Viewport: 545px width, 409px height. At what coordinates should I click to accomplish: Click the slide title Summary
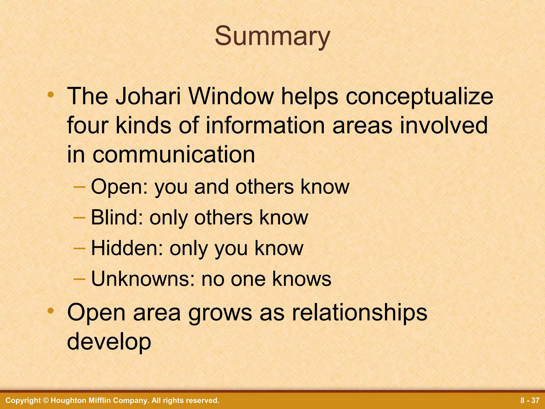click(x=272, y=36)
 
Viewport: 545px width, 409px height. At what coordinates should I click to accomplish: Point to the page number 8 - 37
click(x=530, y=400)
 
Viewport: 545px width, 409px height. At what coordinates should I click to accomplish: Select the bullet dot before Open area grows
click(x=51, y=310)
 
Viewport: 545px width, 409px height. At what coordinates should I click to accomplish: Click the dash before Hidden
click(x=79, y=248)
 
